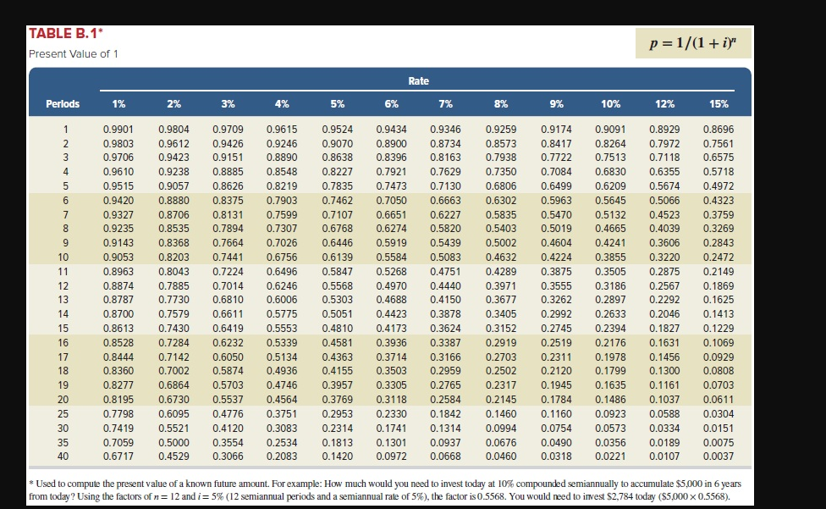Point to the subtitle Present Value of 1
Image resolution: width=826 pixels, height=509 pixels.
(74, 54)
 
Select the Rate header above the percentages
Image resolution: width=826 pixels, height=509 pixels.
(418, 81)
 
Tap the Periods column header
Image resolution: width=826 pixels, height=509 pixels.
(63, 104)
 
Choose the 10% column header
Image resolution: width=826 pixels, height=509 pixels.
(610, 104)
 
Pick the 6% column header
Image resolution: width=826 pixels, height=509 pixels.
(392, 104)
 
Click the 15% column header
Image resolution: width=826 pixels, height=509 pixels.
(719, 104)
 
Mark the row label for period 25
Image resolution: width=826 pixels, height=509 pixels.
(63, 413)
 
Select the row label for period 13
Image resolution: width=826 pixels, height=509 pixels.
(63, 299)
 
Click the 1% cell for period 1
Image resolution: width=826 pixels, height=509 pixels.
(118, 128)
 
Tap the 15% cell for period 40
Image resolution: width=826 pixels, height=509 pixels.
(719, 457)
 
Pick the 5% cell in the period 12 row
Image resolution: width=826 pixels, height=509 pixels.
(338, 285)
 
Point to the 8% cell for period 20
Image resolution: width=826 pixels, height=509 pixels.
(501, 399)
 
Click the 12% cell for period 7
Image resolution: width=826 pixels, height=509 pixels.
(664, 213)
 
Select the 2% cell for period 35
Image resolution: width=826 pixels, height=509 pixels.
(173, 442)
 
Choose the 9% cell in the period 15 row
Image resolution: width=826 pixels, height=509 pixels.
(556, 328)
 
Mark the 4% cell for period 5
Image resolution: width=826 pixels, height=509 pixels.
(282, 185)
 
